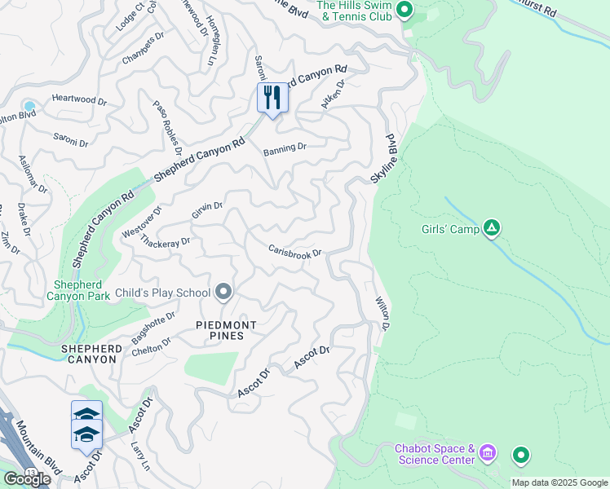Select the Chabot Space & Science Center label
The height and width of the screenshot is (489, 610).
(x=435, y=454)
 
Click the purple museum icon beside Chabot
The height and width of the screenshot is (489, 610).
(x=488, y=452)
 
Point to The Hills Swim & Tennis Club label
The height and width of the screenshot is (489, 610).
(x=355, y=11)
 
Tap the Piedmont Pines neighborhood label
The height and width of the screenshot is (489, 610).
(x=226, y=331)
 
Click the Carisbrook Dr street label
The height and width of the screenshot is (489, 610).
(x=297, y=252)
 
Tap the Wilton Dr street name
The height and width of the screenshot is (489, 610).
(x=382, y=315)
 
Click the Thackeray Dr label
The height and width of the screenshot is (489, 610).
(x=165, y=241)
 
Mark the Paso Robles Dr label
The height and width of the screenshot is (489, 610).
(x=167, y=127)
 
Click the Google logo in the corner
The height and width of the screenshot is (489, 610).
(x=26, y=479)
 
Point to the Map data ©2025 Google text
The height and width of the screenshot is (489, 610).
(x=559, y=482)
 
